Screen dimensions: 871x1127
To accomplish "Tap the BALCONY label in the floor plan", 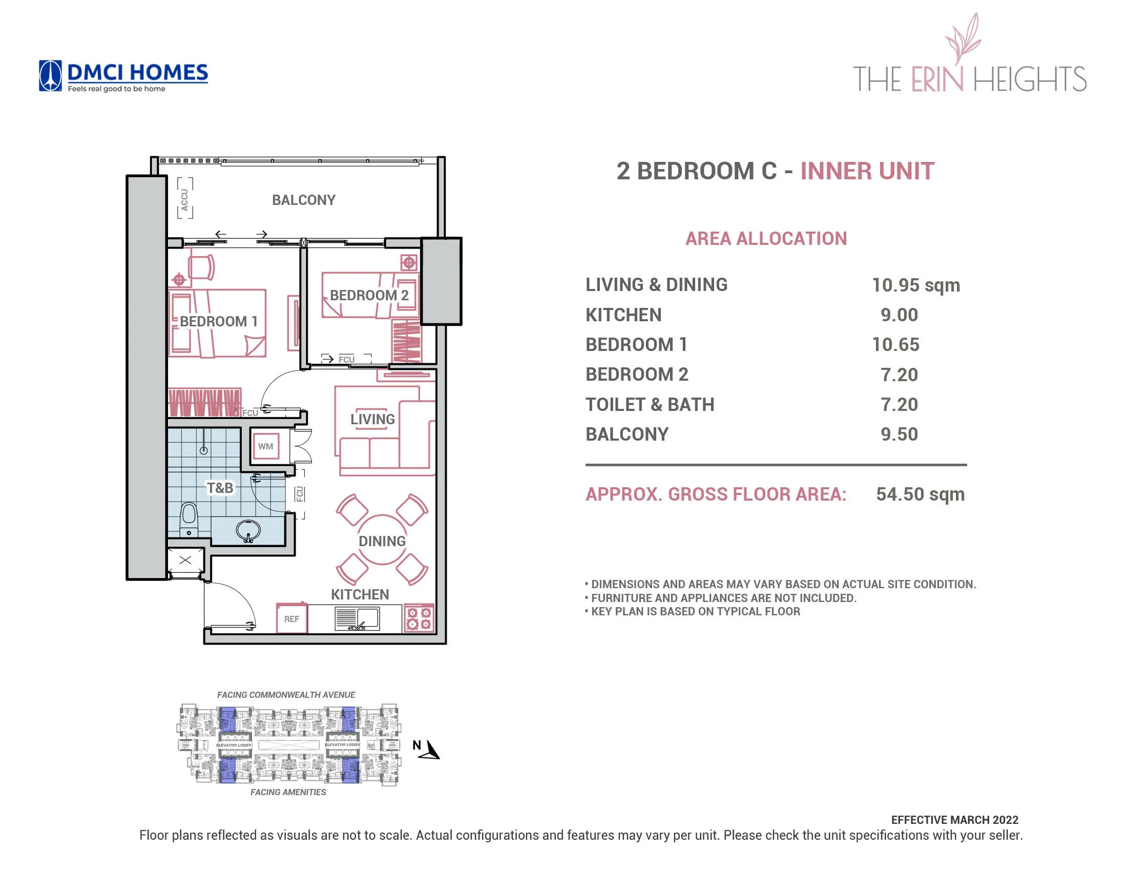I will [x=303, y=200].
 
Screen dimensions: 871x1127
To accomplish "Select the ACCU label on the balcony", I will [x=185, y=199].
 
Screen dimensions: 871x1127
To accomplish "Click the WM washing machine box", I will [x=265, y=446].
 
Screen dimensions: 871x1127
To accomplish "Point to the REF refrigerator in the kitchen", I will [x=291, y=619].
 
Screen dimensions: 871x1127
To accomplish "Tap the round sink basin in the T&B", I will [x=248, y=530].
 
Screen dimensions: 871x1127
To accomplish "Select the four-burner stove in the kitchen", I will [x=419, y=618].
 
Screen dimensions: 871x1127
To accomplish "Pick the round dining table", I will [x=382, y=540].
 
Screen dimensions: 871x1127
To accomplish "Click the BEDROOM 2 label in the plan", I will [x=369, y=295].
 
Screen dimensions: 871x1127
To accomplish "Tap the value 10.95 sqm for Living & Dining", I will [x=915, y=285].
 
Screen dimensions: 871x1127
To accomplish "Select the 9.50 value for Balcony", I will [x=899, y=434].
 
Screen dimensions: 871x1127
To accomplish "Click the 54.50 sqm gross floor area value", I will [x=920, y=494].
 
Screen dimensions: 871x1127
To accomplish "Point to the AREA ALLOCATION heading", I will [x=766, y=238].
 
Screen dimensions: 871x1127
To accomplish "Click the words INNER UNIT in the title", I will [x=867, y=171].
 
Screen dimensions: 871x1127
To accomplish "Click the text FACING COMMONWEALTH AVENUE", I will [x=286, y=695].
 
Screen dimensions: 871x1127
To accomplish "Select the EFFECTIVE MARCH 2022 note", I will [x=954, y=820].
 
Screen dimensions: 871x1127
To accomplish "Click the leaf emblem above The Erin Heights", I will [x=963, y=39].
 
